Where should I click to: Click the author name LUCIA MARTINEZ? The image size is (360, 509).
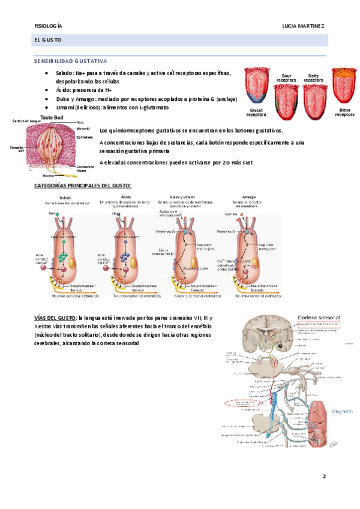tap(304, 26)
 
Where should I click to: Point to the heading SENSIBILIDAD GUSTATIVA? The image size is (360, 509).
tap(70, 61)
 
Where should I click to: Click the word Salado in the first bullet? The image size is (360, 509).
tap(66, 73)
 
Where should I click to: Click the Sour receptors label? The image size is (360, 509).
tap(286, 78)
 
